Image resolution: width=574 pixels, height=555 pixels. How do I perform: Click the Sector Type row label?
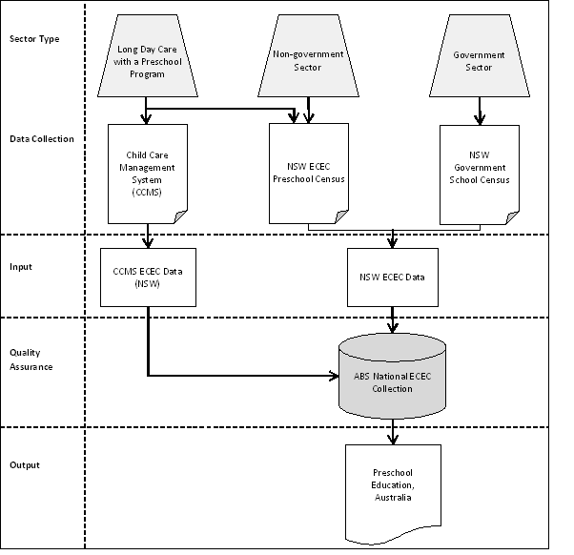point(33,39)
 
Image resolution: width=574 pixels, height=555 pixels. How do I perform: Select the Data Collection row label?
point(42,138)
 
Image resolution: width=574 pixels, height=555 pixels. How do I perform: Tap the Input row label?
point(21,267)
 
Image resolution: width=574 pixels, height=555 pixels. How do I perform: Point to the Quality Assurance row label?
point(31,360)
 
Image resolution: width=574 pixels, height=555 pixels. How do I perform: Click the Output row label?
point(24,465)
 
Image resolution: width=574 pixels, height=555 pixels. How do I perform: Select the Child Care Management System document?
point(148,172)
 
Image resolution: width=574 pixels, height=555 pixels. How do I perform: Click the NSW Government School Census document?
point(480,172)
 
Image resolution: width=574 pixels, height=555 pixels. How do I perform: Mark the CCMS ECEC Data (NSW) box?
point(148,277)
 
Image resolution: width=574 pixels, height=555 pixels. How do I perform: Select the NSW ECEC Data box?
point(393,277)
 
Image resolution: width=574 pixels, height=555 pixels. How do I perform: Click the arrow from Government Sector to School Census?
point(480,110)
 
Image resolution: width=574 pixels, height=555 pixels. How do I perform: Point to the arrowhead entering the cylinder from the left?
point(334,376)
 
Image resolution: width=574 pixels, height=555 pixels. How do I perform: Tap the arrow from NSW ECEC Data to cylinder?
point(393,320)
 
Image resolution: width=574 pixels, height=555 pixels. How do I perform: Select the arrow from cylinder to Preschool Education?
point(393,435)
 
